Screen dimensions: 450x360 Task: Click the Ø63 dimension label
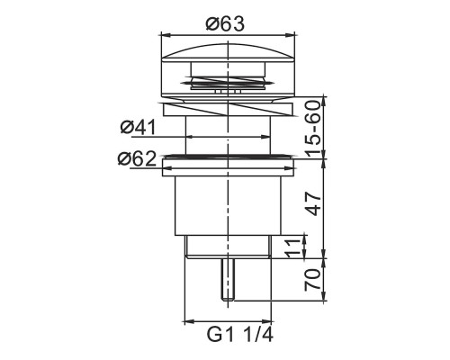[225, 24]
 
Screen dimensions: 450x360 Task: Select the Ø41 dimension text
[139, 127]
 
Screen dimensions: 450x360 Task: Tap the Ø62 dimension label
[137, 158]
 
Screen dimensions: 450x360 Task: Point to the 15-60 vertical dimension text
[313, 129]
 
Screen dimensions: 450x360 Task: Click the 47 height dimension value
[313, 204]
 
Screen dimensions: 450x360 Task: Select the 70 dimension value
[312, 279]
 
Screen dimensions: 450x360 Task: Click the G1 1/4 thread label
[240, 335]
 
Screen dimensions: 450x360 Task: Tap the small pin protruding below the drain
[228, 279]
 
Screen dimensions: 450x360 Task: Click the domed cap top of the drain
[228, 52]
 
